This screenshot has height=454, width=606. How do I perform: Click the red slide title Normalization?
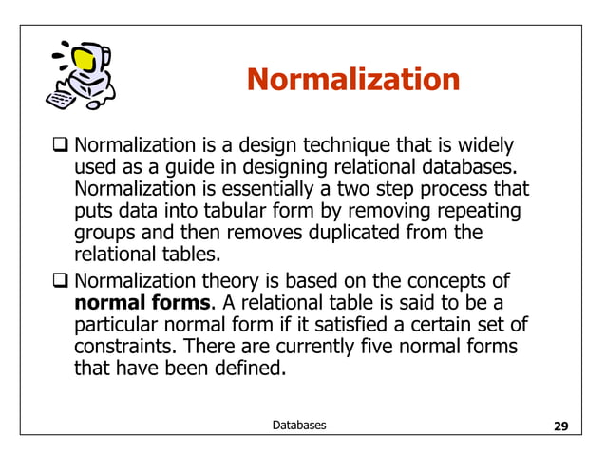tap(352, 79)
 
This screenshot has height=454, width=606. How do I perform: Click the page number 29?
tap(560, 426)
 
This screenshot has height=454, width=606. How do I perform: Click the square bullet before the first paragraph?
tap(63, 147)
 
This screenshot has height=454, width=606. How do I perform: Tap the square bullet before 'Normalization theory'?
tap(63, 281)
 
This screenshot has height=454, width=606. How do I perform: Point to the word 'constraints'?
tap(121, 346)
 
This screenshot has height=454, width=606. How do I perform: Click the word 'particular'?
tap(117, 325)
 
